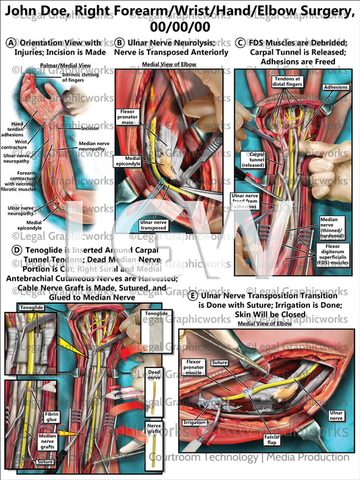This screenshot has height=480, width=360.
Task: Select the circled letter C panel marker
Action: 241,42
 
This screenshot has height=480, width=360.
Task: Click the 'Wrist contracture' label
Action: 20,144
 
